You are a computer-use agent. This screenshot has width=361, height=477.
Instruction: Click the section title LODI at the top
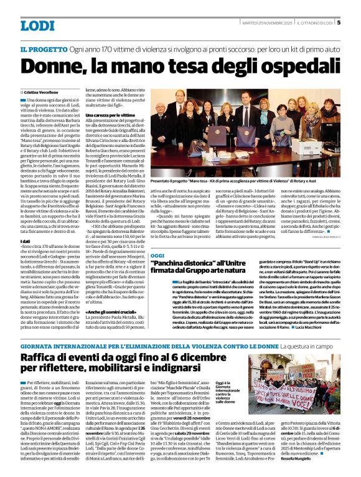click(37, 26)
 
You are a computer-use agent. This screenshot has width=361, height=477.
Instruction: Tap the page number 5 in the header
click(339, 23)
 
